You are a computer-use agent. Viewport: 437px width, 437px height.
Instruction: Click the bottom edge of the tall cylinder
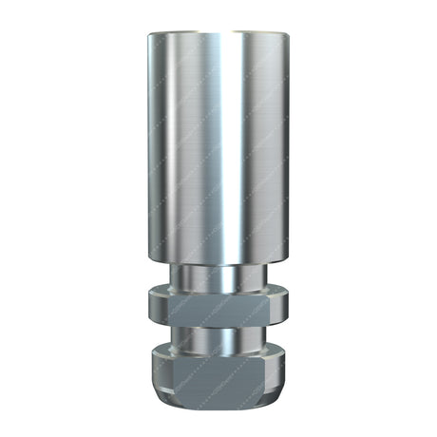218,265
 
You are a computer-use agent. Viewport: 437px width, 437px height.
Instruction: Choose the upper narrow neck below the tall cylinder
218,276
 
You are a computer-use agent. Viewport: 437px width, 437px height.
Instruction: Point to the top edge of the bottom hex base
218,351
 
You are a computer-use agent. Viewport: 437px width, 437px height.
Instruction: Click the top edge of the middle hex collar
218,290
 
